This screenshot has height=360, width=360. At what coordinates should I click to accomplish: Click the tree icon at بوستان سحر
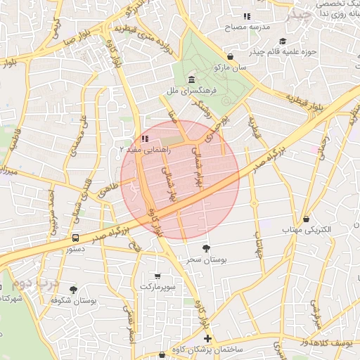[205, 247]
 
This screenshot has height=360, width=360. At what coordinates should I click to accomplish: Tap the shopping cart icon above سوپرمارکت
[157, 276]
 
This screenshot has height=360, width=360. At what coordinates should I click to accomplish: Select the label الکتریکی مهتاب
[306, 230]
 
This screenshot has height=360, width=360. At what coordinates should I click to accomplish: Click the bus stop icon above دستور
[75, 237]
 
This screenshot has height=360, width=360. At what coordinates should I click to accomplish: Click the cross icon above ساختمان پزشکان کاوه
[207, 338]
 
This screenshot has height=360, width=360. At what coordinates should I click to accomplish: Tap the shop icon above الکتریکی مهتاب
[306, 219]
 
